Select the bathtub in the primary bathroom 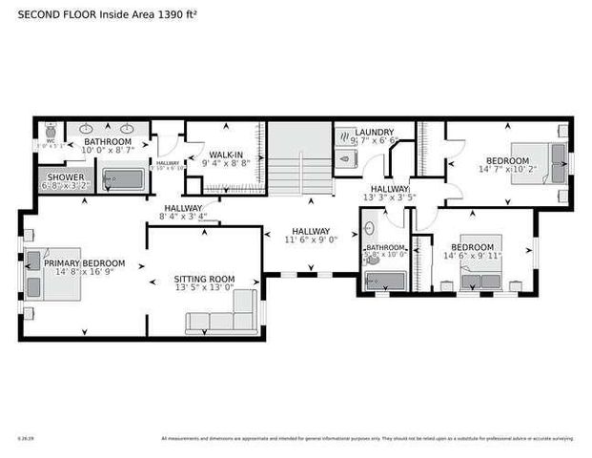pyautogui.click(x=121, y=178)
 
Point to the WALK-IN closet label pyautogui.click(x=225, y=155)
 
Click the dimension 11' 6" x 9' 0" pyautogui.click(x=311, y=240)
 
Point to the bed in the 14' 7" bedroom pyautogui.click(x=532, y=158)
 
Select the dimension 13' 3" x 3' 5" pyautogui.click(x=389, y=198)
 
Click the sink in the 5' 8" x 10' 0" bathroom pyautogui.click(x=369, y=229)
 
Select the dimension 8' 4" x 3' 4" pyautogui.click(x=183, y=217)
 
